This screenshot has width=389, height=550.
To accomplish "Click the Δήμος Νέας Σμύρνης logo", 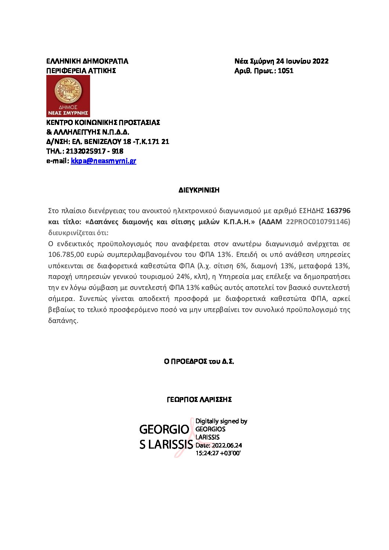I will click(68, 96).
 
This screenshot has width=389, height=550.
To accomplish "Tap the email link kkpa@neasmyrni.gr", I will click(103, 161).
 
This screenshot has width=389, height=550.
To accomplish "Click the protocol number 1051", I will click(286, 71).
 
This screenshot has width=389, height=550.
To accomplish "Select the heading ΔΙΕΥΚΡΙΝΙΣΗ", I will click(199, 190).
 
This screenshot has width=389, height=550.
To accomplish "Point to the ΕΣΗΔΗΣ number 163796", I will click(338, 211).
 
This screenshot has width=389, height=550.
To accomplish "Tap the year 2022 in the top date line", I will click(321, 61).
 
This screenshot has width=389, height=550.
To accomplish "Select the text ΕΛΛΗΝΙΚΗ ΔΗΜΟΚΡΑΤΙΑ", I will click(87, 61).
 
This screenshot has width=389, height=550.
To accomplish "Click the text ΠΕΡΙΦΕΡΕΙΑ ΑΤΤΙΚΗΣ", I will click(81, 71).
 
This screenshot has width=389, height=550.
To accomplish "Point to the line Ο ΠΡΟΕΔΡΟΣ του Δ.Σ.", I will click(199, 362).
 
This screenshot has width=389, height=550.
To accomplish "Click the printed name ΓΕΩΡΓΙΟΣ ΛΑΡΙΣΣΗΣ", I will click(199, 399).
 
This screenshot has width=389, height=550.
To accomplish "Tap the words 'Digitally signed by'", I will click(221, 421).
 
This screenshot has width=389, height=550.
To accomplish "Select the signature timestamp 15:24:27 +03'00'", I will click(218, 453).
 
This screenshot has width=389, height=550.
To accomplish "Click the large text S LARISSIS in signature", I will click(166, 445).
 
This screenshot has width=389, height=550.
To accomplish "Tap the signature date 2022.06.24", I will click(226, 445).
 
